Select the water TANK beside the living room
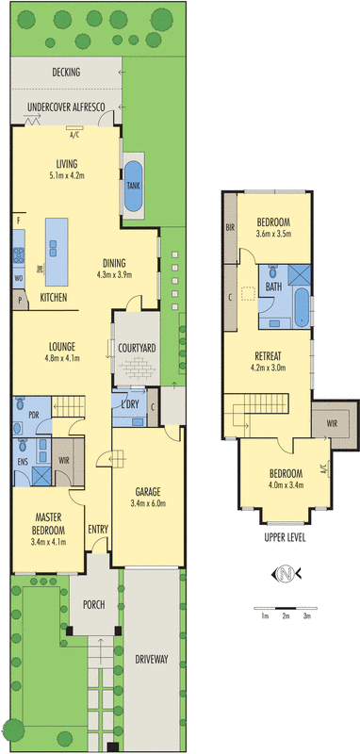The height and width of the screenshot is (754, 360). click(132, 185)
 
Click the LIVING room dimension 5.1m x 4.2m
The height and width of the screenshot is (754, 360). click(66, 175)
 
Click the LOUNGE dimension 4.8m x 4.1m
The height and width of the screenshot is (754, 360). click(63, 358)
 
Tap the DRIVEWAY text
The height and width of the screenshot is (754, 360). click(150, 659)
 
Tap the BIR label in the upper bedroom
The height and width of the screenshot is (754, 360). click(229, 228)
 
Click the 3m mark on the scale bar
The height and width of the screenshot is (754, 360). click(306, 616)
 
